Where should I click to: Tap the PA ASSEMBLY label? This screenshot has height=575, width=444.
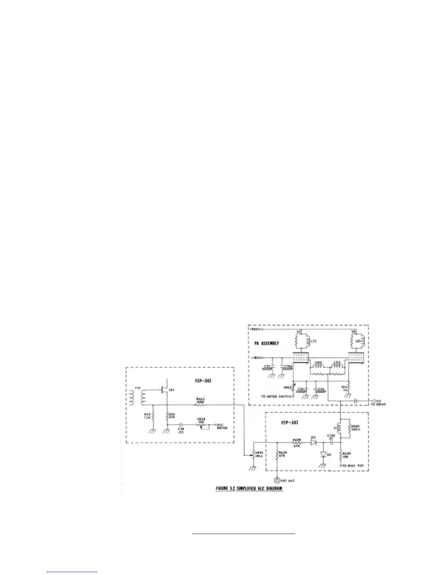pyautogui.click(x=266, y=343)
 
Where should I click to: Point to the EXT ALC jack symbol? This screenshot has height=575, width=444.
pyautogui.click(x=277, y=480)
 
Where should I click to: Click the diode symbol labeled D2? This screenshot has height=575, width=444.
pyautogui.click(x=314, y=443)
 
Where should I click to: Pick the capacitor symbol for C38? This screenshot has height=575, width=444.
pyautogui.click(x=181, y=424)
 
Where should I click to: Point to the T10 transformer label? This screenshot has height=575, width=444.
pyautogui.click(x=137, y=388)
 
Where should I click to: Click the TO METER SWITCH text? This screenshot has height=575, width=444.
pyautogui.click(x=276, y=396)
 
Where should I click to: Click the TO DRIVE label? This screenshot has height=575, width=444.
pyautogui.click(x=378, y=404)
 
